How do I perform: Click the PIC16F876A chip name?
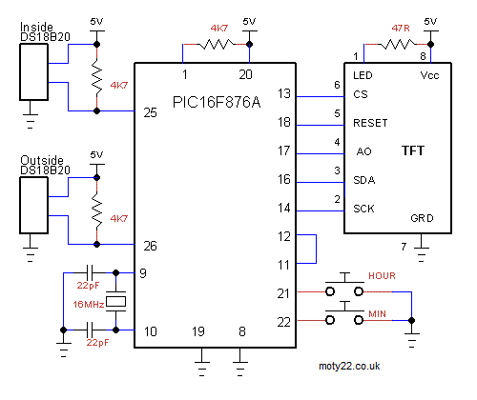point(217,102)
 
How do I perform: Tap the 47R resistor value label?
point(401,29)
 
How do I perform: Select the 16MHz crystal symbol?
point(115,301)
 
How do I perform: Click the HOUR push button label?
point(382,275)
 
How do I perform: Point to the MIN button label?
point(377,314)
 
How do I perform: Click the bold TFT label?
point(413,150)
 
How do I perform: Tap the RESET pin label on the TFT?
point(370,123)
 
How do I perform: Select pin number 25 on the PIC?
point(150,112)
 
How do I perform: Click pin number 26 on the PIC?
point(150,246)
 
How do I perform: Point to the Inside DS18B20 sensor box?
point(34,72)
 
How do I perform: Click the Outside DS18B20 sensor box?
point(34,206)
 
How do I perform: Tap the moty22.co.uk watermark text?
point(349,366)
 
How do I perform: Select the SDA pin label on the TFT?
point(364,180)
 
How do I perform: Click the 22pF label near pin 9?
point(88,285)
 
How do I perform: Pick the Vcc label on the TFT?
point(429,75)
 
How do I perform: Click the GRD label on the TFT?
point(422,218)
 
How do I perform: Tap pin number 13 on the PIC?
point(284,93)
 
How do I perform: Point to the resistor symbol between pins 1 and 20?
point(217,45)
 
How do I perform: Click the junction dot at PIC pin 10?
point(115,330)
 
